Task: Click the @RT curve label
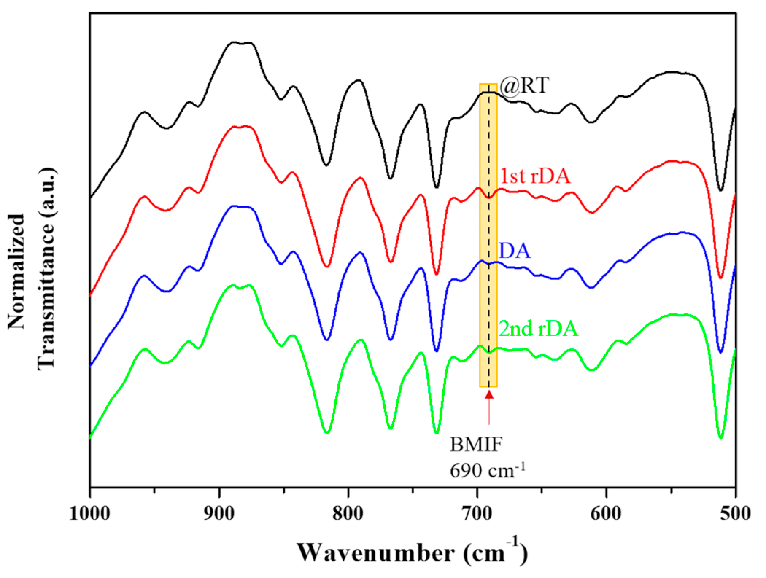point(524,86)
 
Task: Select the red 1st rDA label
point(535,176)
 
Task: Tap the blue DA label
point(514,251)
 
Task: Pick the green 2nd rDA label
point(538,329)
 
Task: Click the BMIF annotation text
point(476,445)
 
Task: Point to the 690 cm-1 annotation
point(487,470)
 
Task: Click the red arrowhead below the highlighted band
point(489,395)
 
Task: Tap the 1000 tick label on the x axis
point(90,513)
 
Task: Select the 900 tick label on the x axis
point(219,513)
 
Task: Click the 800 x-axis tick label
point(348,513)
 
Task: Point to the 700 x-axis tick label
point(477,513)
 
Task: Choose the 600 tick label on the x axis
point(606,513)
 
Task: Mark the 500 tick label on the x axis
point(735,513)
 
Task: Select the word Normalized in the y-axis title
point(17,272)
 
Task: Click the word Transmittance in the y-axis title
point(47,269)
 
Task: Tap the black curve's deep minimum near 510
point(720,190)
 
